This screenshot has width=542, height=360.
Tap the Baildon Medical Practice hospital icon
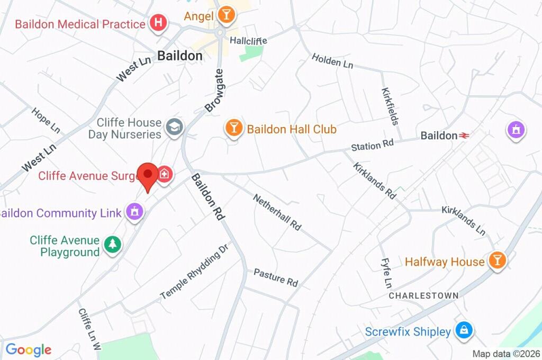pyautogui.click(x=158, y=23)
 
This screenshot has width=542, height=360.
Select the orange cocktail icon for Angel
pyautogui.click(x=226, y=15)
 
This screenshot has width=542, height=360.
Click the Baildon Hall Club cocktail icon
pyautogui.click(x=233, y=128)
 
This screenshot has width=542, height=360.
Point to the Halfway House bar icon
pyautogui.click(x=497, y=260)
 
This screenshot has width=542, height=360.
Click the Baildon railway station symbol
pyautogui.click(x=464, y=136)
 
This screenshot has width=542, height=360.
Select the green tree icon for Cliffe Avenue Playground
pyautogui.click(x=112, y=244)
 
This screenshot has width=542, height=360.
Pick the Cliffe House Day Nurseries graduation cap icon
pyautogui.click(x=173, y=127)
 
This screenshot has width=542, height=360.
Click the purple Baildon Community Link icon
pyautogui.click(x=134, y=212)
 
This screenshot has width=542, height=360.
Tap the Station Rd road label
pyautogui.click(x=373, y=144)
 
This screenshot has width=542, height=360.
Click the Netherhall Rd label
pyautogui.click(x=277, y=212)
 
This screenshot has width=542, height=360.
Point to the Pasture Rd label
pyautogui.click(x=276, y=277)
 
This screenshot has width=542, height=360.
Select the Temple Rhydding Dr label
pyautogui.click(x=194, y=272)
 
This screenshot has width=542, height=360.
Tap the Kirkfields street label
pyautogui.click(x=390, y=106)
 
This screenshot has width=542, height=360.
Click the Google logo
pyautogui.click(x=28, y=349)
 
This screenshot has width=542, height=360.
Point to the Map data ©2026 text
pyautogui.click(x=505, y=354)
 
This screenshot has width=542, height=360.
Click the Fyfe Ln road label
pyautogui.click(x=386, y=273)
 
